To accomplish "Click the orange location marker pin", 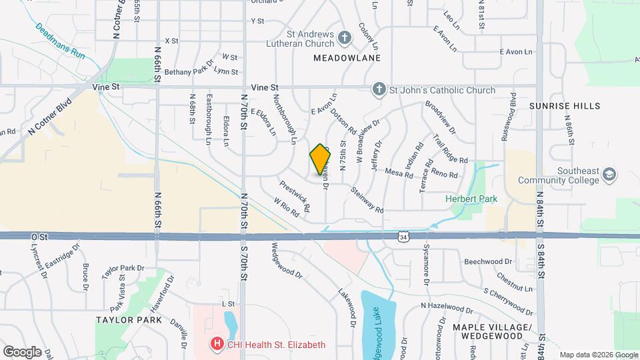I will (321, 159).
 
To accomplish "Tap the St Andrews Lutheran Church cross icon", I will (345, 37).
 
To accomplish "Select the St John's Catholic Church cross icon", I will (379, 90).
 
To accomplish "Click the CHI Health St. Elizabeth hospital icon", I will (217, 345).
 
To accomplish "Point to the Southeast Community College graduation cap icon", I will (609, 175).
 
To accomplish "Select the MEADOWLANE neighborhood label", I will (347, 58).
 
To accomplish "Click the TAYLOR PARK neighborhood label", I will (128, 319).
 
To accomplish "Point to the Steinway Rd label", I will (367, 199).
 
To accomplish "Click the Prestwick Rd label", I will (295, 197).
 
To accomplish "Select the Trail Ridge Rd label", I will (449, 150).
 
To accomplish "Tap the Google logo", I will (22, 351).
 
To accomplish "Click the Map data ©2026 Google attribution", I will (599, 355).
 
